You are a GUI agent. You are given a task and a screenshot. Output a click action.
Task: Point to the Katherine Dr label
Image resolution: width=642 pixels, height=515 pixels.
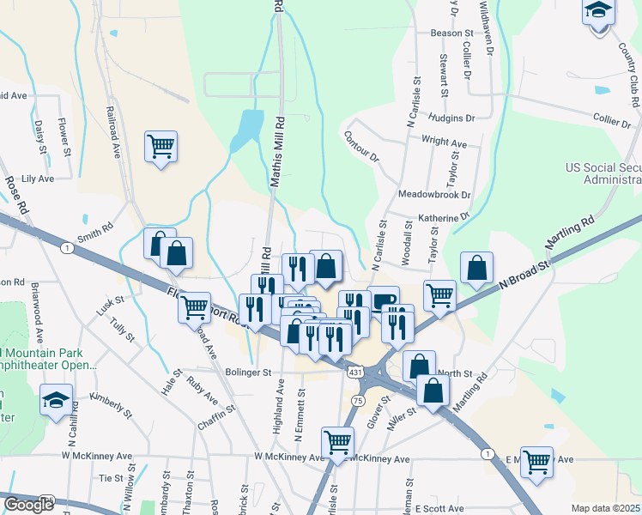click(x=444, y=218)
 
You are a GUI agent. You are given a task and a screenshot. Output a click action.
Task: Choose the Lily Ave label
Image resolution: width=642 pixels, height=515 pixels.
click(x=38, y=179)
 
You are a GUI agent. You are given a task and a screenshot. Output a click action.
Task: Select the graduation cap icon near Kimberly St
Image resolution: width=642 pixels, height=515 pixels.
click(x=57, y=400)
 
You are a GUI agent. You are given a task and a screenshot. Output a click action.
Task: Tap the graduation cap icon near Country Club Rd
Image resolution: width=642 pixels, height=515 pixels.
click(x=598, y=11)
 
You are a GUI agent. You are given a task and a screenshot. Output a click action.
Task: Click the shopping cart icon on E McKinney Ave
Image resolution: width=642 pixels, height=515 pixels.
click(x=537, y=462)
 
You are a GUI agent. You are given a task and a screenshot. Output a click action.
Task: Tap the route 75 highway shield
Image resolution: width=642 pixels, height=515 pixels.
click(x=359, y=401)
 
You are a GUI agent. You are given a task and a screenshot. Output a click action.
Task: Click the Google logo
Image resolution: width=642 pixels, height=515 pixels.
click(x=29, y=505)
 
